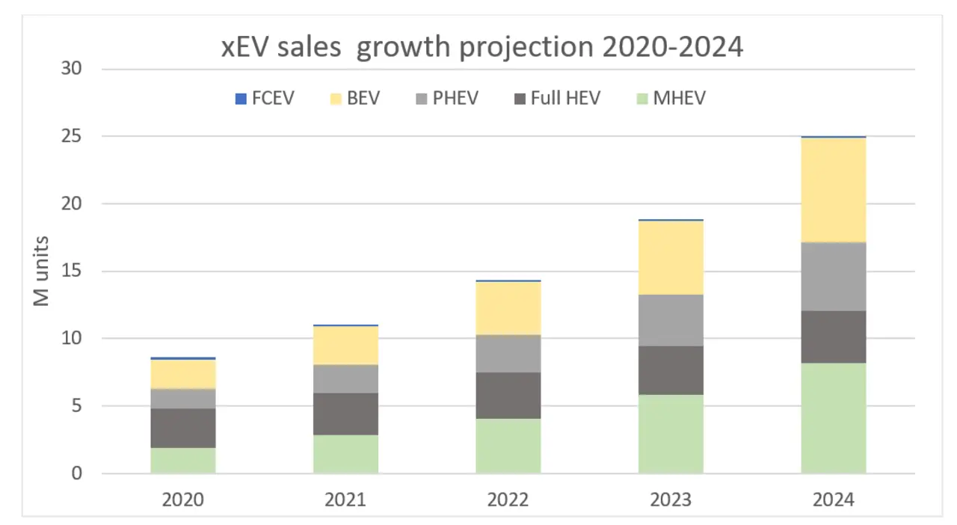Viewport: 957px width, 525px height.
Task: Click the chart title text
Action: pos(482,46)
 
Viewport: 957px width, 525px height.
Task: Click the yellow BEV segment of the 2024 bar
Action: pos(833,190)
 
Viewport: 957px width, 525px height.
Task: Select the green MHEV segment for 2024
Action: pos(833,418)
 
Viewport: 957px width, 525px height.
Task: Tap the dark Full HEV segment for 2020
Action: pos(183,428)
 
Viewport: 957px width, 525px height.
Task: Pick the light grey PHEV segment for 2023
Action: pos(671,320)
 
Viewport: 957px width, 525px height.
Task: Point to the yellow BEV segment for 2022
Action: pos(508,308)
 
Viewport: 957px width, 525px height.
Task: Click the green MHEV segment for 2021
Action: pos(345,454)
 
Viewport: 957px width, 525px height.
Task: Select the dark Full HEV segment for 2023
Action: pos(671,370)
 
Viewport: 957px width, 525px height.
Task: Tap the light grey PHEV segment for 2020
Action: pos(183,399)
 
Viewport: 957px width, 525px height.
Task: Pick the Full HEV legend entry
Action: pos(557,99)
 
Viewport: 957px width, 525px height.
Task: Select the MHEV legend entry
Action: pos(671,99)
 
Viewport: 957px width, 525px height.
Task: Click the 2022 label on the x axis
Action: pos(508,499)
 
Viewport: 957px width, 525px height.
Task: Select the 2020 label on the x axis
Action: pos(183,499)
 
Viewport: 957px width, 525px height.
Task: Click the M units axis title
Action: pos(42,271)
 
